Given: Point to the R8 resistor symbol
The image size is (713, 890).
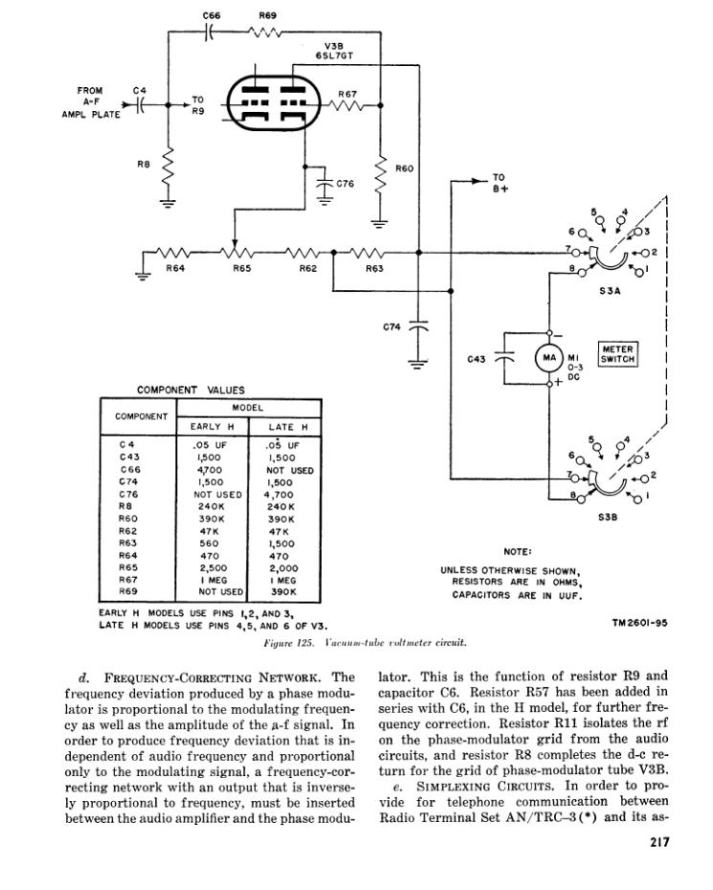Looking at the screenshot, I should pos(168,171).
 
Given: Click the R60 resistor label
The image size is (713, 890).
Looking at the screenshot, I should pos(405,168).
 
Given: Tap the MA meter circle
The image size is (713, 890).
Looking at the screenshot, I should pos(548,359).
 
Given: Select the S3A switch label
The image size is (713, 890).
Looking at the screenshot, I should pos(611,293).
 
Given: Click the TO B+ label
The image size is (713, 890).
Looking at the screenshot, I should pos(501,183).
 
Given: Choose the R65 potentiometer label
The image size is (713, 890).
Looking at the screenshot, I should pos(241,269).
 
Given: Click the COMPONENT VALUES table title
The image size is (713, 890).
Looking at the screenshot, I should pos(191,389).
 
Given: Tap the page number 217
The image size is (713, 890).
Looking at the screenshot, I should pos(657,841).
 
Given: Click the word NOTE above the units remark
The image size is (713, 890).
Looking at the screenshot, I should pos(517,551).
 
